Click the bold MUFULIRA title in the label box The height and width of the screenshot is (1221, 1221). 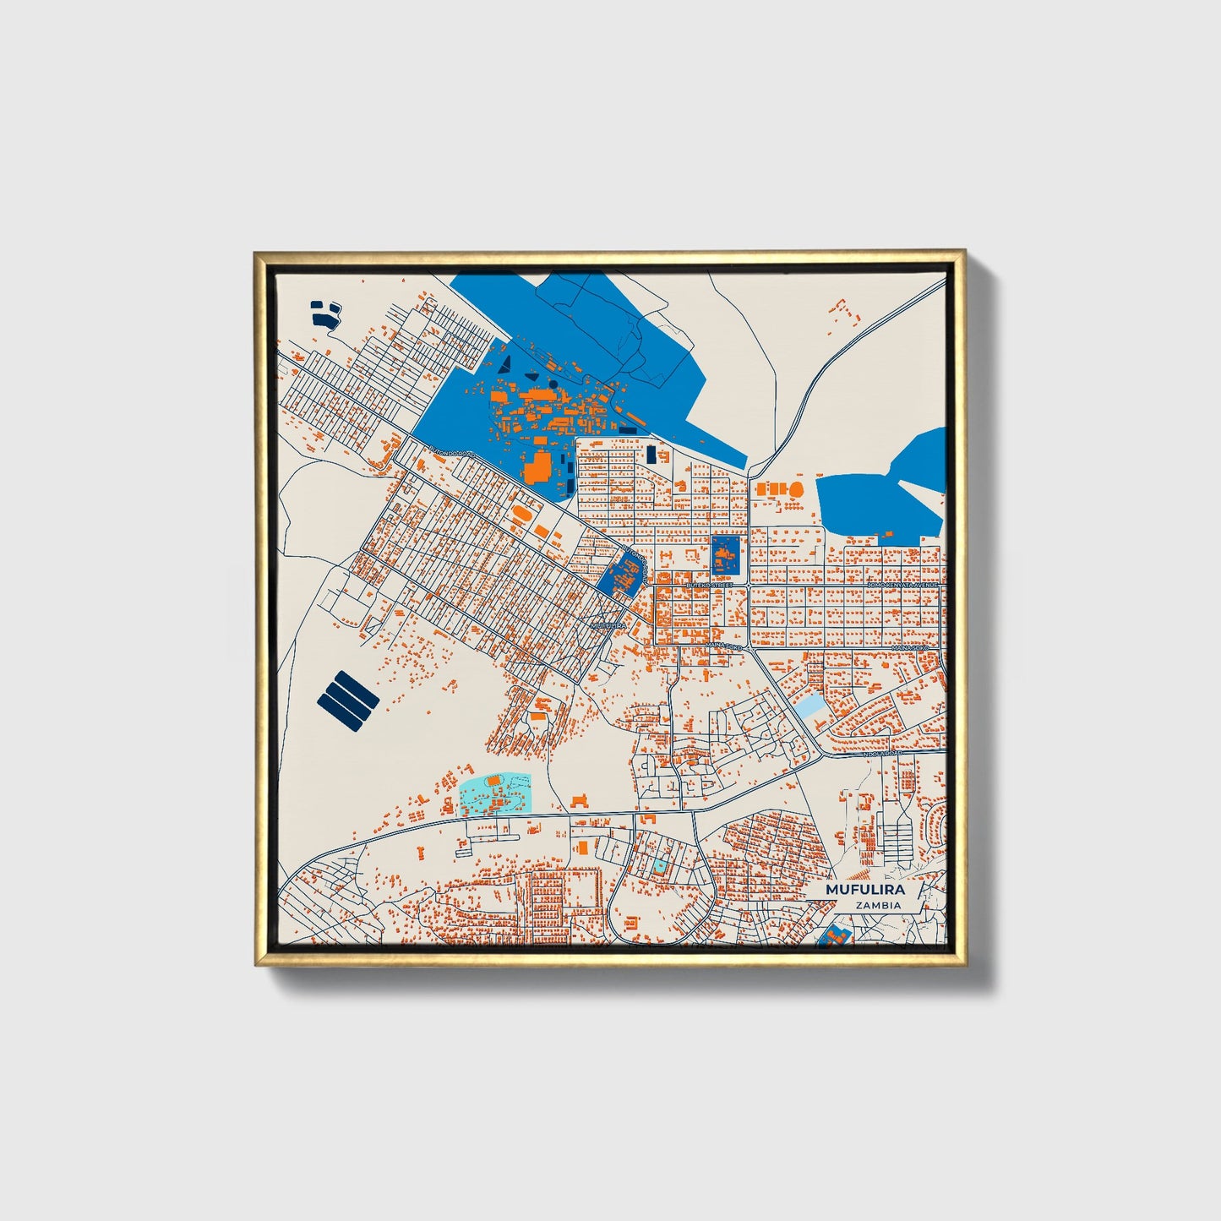tap(864, 890)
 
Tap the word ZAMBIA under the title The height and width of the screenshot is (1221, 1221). tap(877, 905)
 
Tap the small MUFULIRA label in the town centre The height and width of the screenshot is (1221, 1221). tap(608, 625)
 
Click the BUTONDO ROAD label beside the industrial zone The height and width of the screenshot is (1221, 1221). tap(452, 451)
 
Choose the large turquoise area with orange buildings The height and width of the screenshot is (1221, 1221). tap(494, 794)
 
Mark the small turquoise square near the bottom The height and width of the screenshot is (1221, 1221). tap(658, 866)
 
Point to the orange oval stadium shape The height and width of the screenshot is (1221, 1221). tap(523, 512)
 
